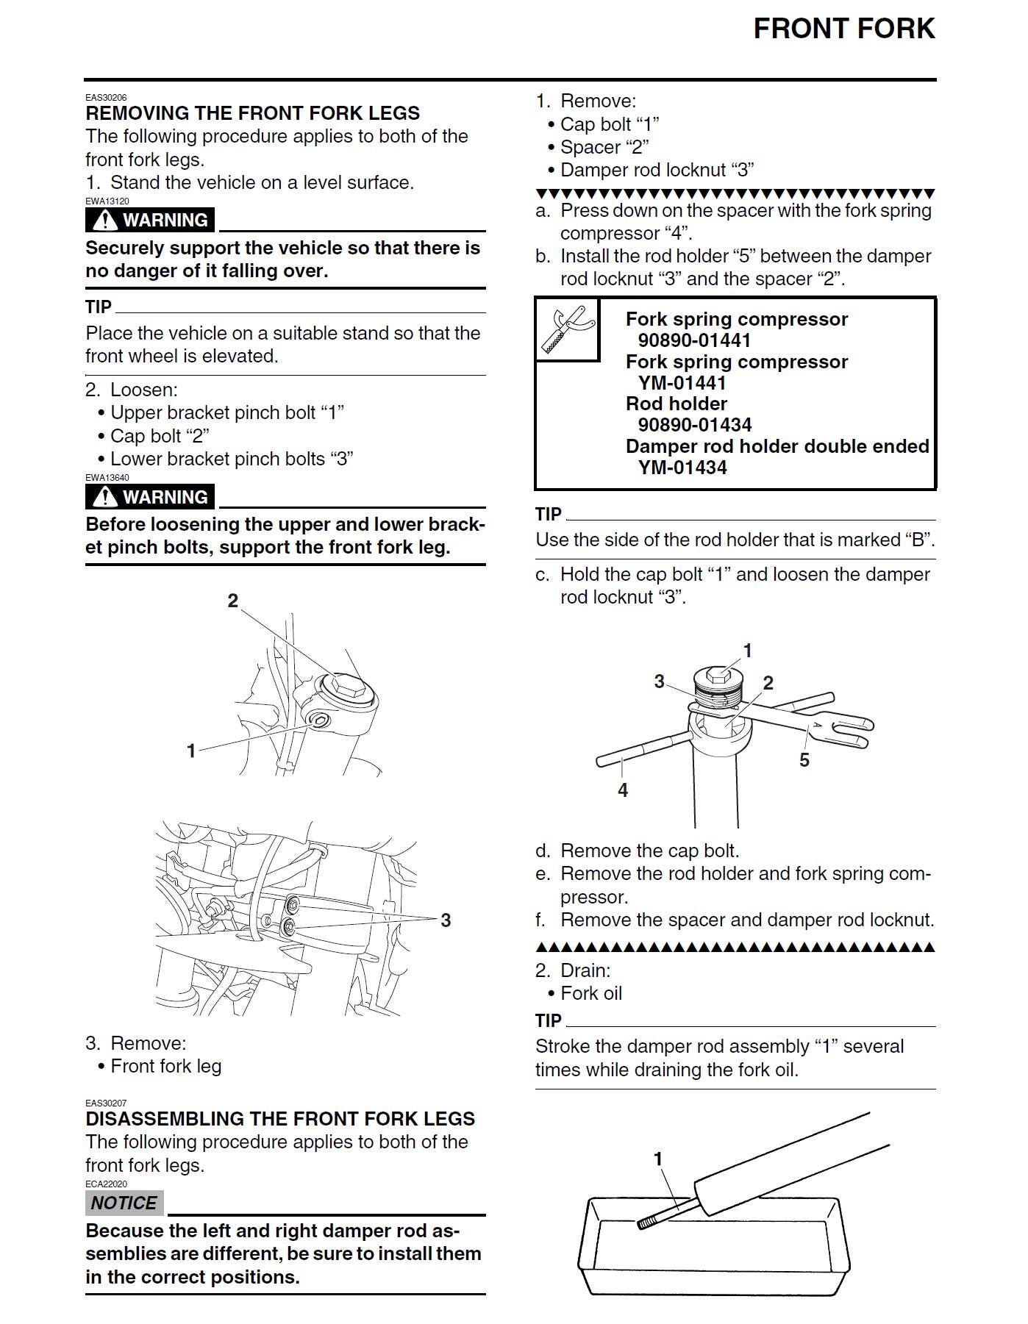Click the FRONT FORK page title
843,29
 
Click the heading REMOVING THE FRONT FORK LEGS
252,113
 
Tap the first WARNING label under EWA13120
150,220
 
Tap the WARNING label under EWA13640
150,497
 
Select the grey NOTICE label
124,1203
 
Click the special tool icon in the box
567,329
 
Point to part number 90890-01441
694,340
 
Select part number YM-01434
682,468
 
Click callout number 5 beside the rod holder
804,760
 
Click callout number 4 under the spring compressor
623,790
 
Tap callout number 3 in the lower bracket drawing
445,920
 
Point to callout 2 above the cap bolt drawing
232,601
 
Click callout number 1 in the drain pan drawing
658,1159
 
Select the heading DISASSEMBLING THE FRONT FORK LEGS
279,1119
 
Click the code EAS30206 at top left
106,97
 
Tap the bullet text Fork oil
590,993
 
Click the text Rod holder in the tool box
676,404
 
